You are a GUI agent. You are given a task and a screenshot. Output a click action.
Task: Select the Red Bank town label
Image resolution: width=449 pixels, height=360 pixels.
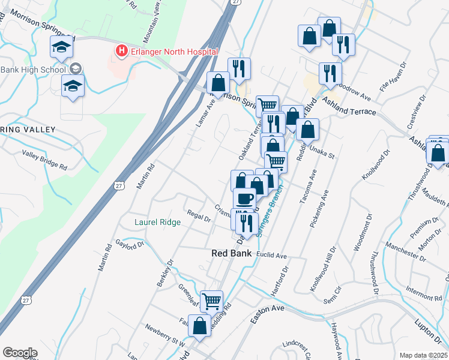(x=231, y=254)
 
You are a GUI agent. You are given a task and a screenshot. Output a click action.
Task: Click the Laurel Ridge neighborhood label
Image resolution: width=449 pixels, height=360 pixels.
(x=157, y=222)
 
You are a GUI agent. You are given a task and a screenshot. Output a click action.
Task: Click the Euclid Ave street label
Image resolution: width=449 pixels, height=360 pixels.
(x=271, y=255)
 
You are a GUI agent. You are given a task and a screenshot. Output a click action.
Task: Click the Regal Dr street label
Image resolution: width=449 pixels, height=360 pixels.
(x=199, y=216)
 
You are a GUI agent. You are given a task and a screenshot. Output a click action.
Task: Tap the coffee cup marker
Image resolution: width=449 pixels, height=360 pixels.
(x=244, y=197)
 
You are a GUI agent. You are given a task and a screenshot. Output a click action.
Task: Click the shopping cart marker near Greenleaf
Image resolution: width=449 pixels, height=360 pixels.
(x=211, y=301)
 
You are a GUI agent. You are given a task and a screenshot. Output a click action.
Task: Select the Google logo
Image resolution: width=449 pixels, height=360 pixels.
(x=20, y=353)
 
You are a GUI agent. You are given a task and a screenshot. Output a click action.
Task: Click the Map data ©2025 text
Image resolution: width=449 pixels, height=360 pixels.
(x=423, y=355)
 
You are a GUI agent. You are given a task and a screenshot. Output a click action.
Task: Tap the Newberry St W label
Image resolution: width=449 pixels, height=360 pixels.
(x=164, y=335)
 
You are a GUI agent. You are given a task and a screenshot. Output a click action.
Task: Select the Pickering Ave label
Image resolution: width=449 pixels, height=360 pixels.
(x=320, y=209)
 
